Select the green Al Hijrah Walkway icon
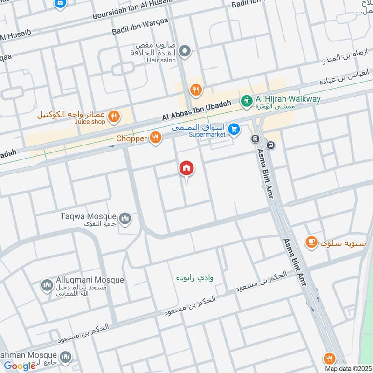[246, 100]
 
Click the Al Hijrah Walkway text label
[288, 99]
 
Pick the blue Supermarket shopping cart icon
[235, 129]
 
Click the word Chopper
[131, 138]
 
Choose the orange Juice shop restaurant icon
[113, 117]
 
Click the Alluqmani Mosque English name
[90, 280]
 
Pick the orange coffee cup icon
[311, 242]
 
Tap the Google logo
[20, 366]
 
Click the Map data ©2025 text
[347, 369]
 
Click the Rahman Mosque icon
[65, 357]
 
